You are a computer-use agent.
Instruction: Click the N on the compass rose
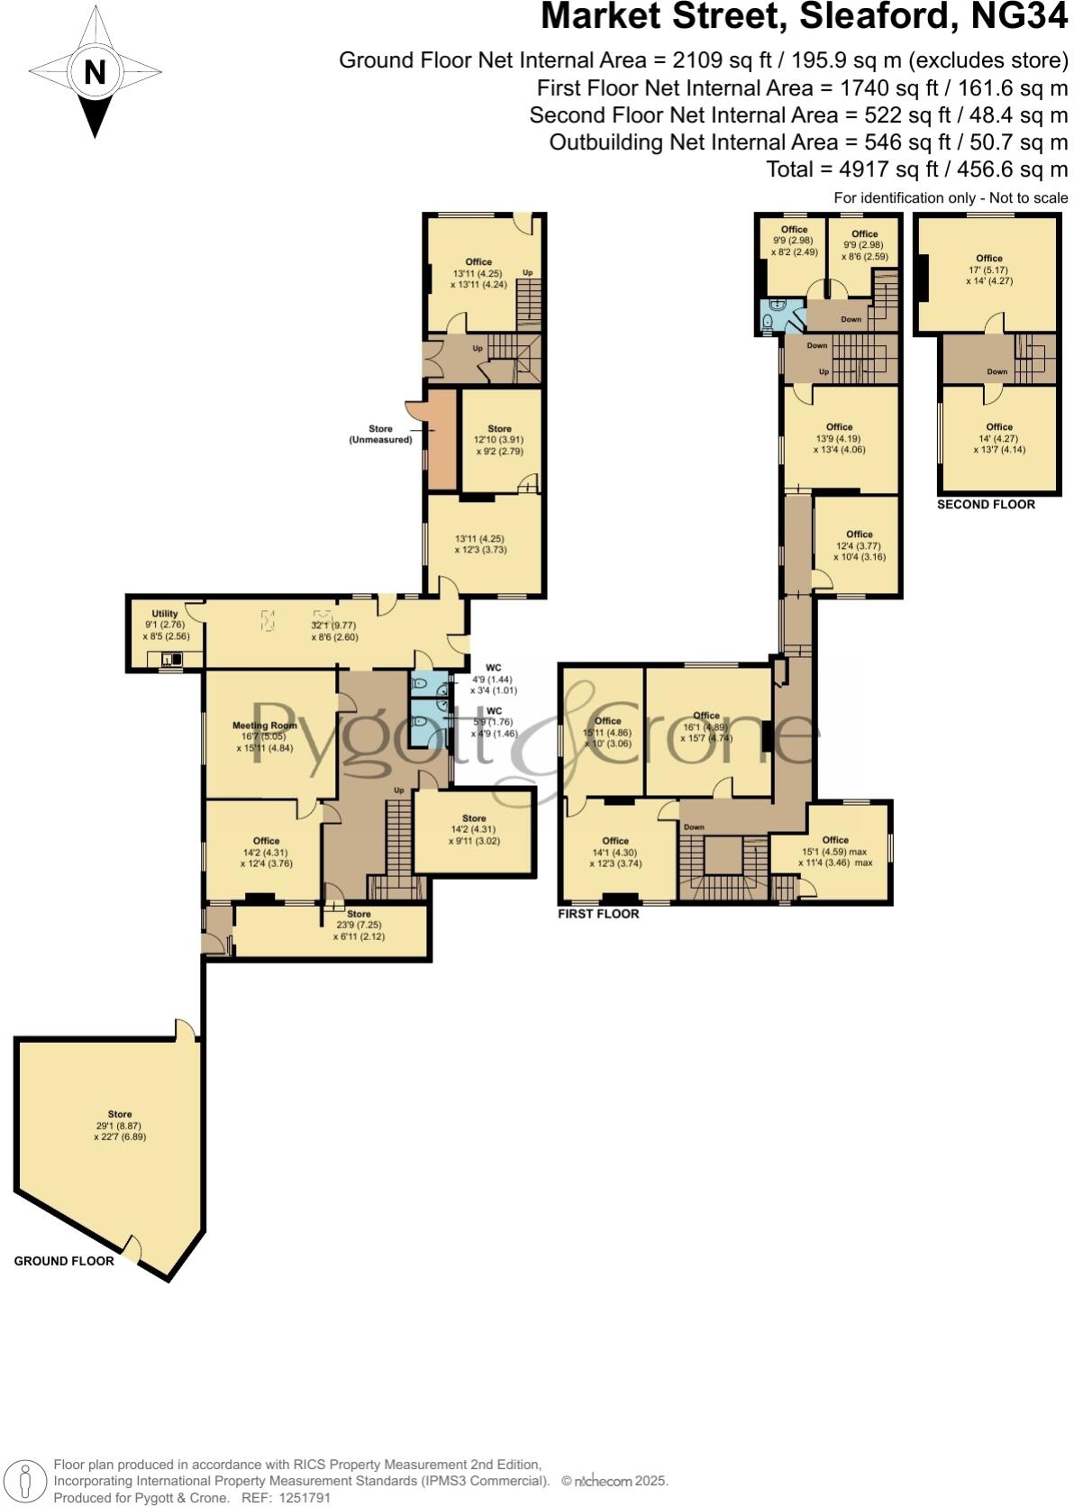coord(95,72)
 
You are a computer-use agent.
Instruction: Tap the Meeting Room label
coord(264,726)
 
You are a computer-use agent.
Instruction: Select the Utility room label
coord(165,614)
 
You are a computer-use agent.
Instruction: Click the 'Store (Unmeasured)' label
coord(379,434)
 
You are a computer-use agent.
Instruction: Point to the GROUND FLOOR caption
coord(64,1261)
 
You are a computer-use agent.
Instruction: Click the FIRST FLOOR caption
coord(598,914)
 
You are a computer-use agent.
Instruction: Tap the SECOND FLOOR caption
coord(986,504)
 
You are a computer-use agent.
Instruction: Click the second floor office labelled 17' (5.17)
coord(988,269)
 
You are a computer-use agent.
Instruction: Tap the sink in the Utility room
coord(170,660)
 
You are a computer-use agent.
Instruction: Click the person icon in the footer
coord(26,1481)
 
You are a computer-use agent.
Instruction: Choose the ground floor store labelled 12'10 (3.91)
coord(499,440)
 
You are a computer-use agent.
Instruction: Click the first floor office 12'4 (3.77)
coord(859,545)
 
